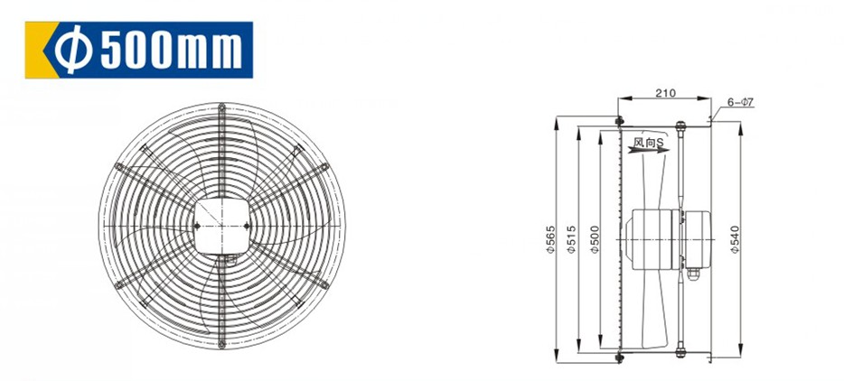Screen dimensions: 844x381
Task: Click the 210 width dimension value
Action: coord(665,93)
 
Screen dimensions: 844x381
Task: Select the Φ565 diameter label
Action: coord(550,239)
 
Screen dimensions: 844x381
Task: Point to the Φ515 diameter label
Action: coord(572,240)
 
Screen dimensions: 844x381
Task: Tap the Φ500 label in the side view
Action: coord(595,240)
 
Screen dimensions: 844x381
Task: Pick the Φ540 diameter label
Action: coord(736,240)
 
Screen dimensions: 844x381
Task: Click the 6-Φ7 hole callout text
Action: coord(740,102)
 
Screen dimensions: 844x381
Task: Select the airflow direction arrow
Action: coord(648,151)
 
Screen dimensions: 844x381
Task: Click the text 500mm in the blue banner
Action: coord(171,50)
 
